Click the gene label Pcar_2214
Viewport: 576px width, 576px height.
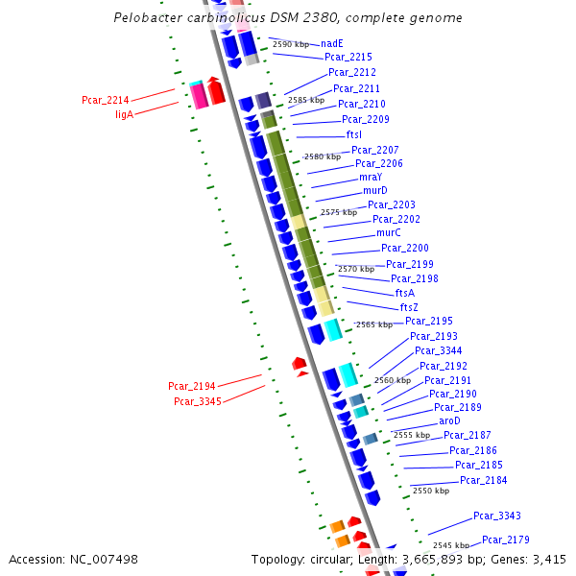(x=105, y=99)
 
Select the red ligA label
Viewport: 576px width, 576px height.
(x=124, y=114)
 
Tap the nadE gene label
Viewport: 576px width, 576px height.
(x=332, y=43)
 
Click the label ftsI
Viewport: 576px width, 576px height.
(x=353, y=135)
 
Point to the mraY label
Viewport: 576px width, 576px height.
(x=371, y=178)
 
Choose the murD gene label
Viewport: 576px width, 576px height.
(x=374, y=191)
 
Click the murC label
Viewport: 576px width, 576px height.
(x=388, y=233)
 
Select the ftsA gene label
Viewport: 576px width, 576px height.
(x=405, y=293)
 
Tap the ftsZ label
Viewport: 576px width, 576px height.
(x=409, y=307)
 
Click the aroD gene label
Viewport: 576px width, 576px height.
(x=449, y=421)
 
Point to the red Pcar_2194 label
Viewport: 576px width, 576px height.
(x=192, y=386)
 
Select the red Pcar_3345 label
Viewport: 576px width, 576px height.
(x=197, y=400)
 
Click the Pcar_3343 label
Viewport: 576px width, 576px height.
(x=496, y=516)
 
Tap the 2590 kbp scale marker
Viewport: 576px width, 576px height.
(x=290, y=44)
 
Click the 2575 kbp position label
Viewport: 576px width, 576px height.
(x=338, y=212)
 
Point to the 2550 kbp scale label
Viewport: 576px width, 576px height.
(x=430, y=491)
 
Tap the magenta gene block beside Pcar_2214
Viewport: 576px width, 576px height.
(x=199, y=95)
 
